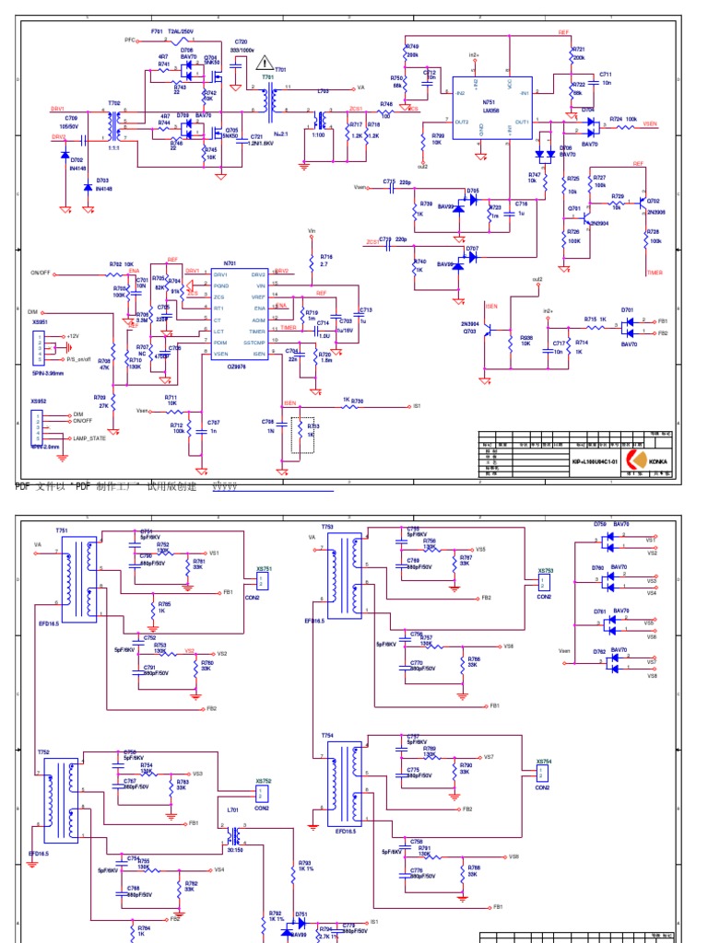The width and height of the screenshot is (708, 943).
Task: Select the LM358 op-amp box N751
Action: click(x=490, y=107)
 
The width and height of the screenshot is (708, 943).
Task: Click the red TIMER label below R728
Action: click(x=655, y=273)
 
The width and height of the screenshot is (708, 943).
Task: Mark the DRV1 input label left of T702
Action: click(x=58, y=109)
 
